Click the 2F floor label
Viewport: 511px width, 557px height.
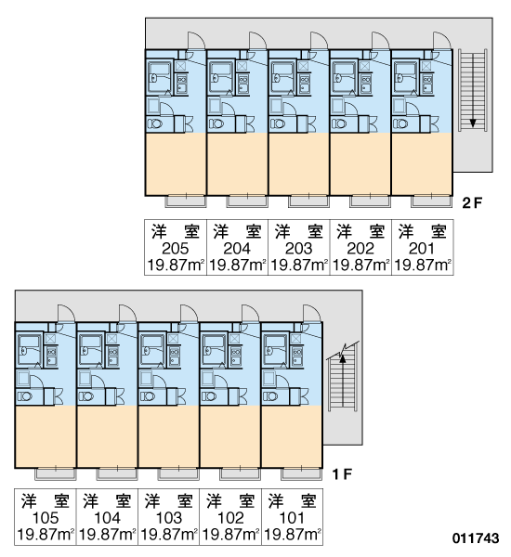(x=472, y=203)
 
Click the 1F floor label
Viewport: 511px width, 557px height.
(x=342, y=473)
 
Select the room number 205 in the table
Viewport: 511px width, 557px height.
(x=175, y=249)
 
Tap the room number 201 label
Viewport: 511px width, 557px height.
(x=422, y=249)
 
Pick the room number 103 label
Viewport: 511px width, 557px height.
(x=169, y=518)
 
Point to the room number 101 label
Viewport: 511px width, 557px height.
(x=292, y=518)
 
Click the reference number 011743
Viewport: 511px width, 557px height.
(x=476, y=538)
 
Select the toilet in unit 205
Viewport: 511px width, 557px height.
(x=155, y=124)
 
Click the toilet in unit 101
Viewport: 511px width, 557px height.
(x=270, y=396)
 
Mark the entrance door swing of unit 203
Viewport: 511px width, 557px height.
(x=319, y=40)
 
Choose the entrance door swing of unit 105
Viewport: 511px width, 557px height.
(x=66, y=313)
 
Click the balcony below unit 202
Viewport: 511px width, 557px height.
(x=370, y=201)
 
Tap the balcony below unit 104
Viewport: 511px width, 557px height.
(x=116, y=473)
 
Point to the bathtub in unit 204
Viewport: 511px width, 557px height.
(x=221, y=78)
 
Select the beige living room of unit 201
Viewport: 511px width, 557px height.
(x=422, y=164)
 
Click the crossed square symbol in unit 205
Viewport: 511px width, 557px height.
(x=180, y=67)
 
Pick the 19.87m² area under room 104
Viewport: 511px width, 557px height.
(x=107, y=535)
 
